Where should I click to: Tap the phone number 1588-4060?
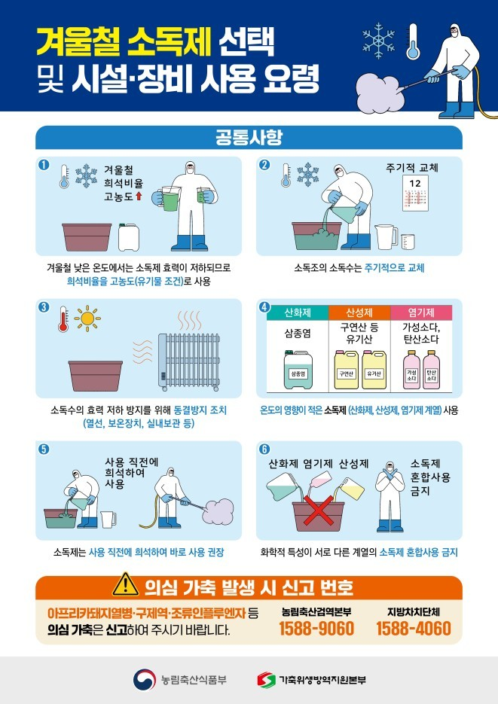[414, 629]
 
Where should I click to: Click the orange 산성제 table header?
[358, 312]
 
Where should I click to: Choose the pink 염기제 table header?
[420, 312]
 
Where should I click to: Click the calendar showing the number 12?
[413, 192]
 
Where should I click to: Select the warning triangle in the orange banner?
[121, 585]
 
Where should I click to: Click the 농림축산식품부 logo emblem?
[143, 678]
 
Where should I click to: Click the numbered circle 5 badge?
[44, 450]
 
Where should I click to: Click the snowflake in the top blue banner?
[379, 38]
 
